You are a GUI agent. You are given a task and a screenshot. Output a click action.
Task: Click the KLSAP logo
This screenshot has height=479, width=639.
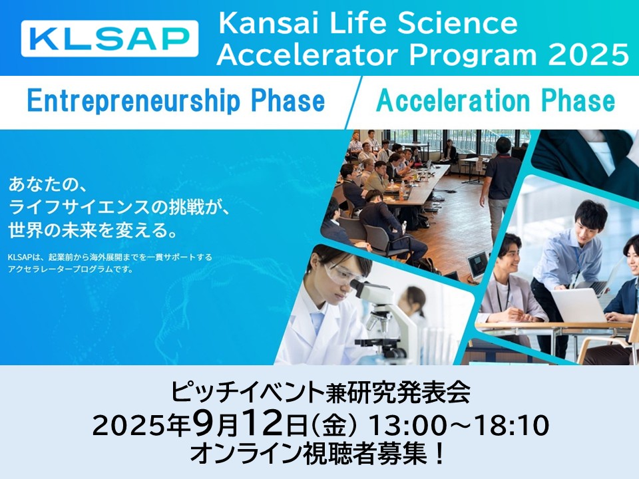pos(110,39)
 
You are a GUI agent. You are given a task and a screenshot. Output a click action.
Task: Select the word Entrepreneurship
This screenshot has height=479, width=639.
pos(133,102)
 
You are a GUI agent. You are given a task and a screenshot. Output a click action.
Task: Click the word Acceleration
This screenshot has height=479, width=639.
pos(453,100)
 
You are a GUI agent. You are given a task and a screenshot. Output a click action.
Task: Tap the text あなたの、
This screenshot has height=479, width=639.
pos(47,185)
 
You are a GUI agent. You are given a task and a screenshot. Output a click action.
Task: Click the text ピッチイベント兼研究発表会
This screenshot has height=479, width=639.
pos(320,393)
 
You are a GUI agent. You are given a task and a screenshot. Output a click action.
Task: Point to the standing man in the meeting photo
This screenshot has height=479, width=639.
pos(500,190)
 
